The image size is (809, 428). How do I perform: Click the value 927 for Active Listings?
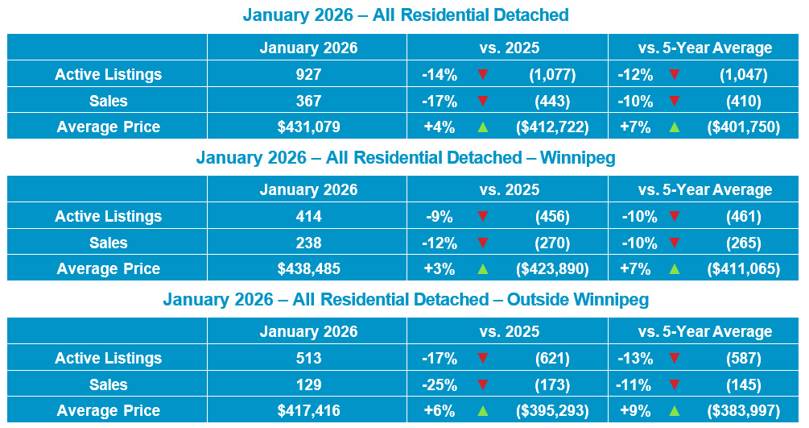[x=308, y=74]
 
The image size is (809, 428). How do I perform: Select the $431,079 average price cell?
[x=308, y=127]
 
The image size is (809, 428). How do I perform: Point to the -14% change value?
[x=440, y=74]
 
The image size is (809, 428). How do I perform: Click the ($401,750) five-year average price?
[x=744, y=127]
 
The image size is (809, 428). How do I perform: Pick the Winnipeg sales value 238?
[x=308, y=243]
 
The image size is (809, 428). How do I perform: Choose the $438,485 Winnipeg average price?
[x=308, y=268]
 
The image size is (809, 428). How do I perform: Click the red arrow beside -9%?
[x=483, y=216]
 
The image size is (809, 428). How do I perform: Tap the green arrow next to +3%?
[x=483, y=268]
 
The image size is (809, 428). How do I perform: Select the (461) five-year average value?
[x=744, y=216]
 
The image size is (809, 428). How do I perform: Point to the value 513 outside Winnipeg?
[x=308, y=358]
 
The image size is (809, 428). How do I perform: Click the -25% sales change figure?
[x=440, y=384]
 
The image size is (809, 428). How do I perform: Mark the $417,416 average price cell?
[x=308, y=410]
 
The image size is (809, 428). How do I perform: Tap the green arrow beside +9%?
[x=675, y=411]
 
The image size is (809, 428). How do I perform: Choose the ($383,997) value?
[x=744, y=410]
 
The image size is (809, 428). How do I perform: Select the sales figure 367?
[x=308, y=101]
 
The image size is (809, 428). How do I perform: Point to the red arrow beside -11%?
[x=675, y=384]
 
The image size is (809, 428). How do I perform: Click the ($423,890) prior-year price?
[x=552, y=268]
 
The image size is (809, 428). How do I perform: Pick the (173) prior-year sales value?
[x=552, y=384]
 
